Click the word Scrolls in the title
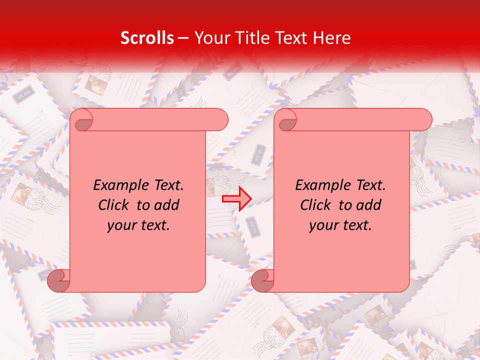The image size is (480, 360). pyautogui.click(x=147, y=38)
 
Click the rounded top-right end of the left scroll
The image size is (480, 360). pyautogui.click(x=218, y=119)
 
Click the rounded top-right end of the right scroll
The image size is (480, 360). pyautogui.click(x=422, y=119)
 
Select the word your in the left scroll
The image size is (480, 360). pyautogui.click(x=120, y=225)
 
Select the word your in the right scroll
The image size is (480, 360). pyautogui.click(x=322, y=225)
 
